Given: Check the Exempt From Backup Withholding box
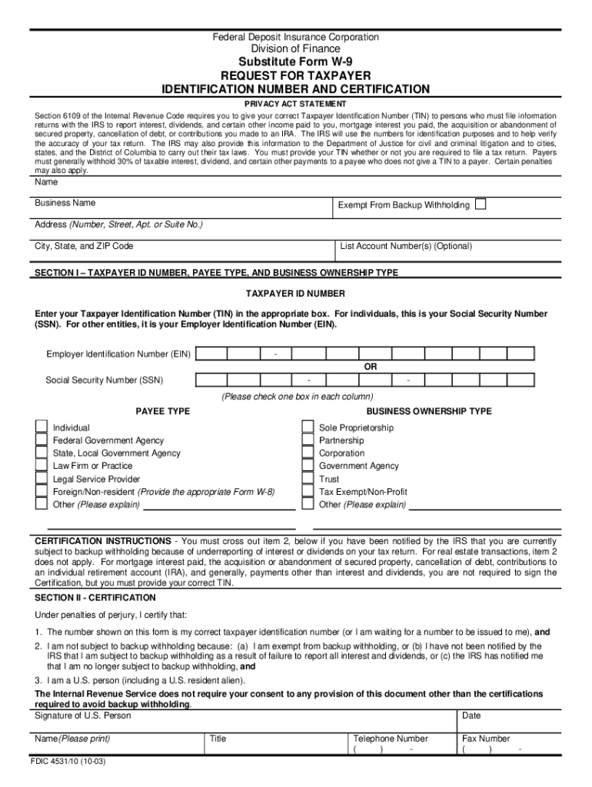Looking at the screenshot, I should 481,204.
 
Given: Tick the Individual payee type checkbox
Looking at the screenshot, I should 41,427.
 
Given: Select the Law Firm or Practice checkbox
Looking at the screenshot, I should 41,466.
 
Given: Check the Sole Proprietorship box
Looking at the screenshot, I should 308,427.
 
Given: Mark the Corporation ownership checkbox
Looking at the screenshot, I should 308,453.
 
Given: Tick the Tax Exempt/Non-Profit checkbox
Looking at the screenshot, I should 308,492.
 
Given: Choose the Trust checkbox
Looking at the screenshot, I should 308,479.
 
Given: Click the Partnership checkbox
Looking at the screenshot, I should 308,440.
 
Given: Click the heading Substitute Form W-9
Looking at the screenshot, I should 296,62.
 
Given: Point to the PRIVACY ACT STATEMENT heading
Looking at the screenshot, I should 296,104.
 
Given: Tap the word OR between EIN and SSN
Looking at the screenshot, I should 371,367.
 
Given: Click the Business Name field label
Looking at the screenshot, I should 65,203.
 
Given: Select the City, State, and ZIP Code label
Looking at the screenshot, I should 84,246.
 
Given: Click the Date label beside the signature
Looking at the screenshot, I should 471,716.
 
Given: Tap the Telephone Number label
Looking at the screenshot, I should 390,739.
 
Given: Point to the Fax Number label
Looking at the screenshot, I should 486,739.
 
